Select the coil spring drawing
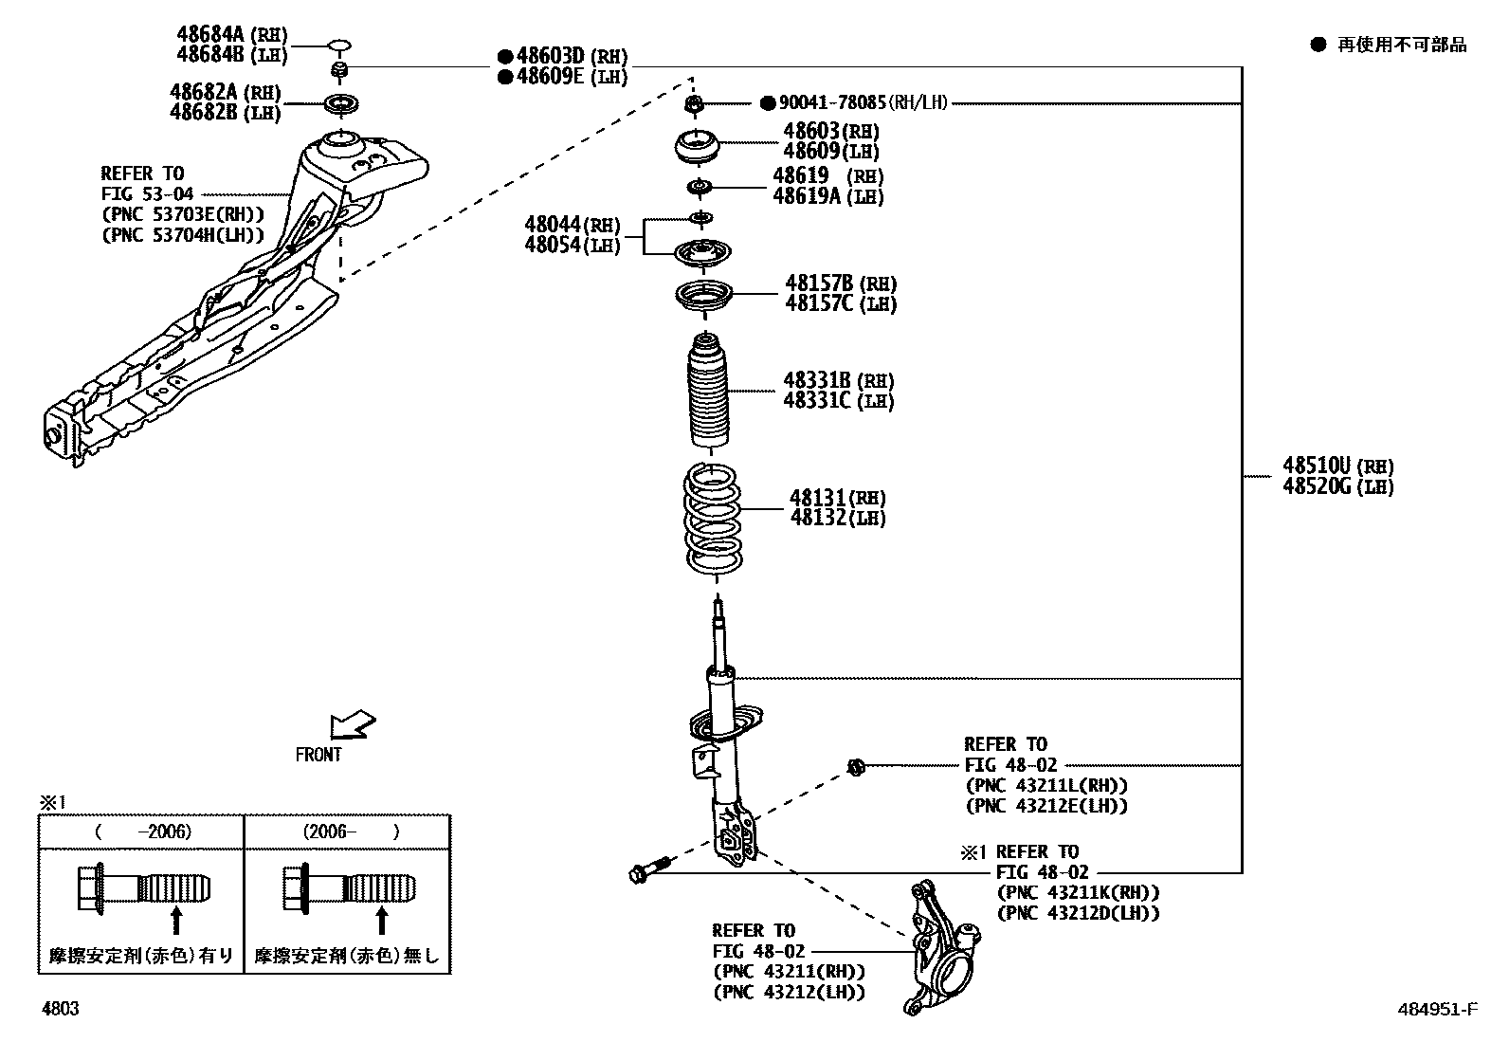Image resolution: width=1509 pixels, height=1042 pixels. point(713,519)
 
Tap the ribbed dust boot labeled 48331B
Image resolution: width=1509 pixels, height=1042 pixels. point(710,393)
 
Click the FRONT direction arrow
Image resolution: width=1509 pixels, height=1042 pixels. point(351,725)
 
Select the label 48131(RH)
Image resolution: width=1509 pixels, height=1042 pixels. point(837,498)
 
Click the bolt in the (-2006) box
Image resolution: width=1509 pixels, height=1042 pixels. point(142,889)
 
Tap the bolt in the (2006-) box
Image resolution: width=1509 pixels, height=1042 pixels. point(349,889)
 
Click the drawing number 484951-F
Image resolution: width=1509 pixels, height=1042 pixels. point(1437,1010)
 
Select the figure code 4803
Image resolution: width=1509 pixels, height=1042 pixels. point(60,1009)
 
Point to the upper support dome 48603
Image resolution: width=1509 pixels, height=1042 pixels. point(697,148)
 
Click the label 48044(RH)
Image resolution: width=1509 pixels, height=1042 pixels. point(572,225)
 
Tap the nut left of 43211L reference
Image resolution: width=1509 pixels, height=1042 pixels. point(854,766)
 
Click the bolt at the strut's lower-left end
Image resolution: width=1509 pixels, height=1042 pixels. point(648,869)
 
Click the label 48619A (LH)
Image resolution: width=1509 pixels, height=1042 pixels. point(827,196)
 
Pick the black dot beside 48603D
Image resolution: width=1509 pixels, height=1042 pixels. point(505,57)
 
